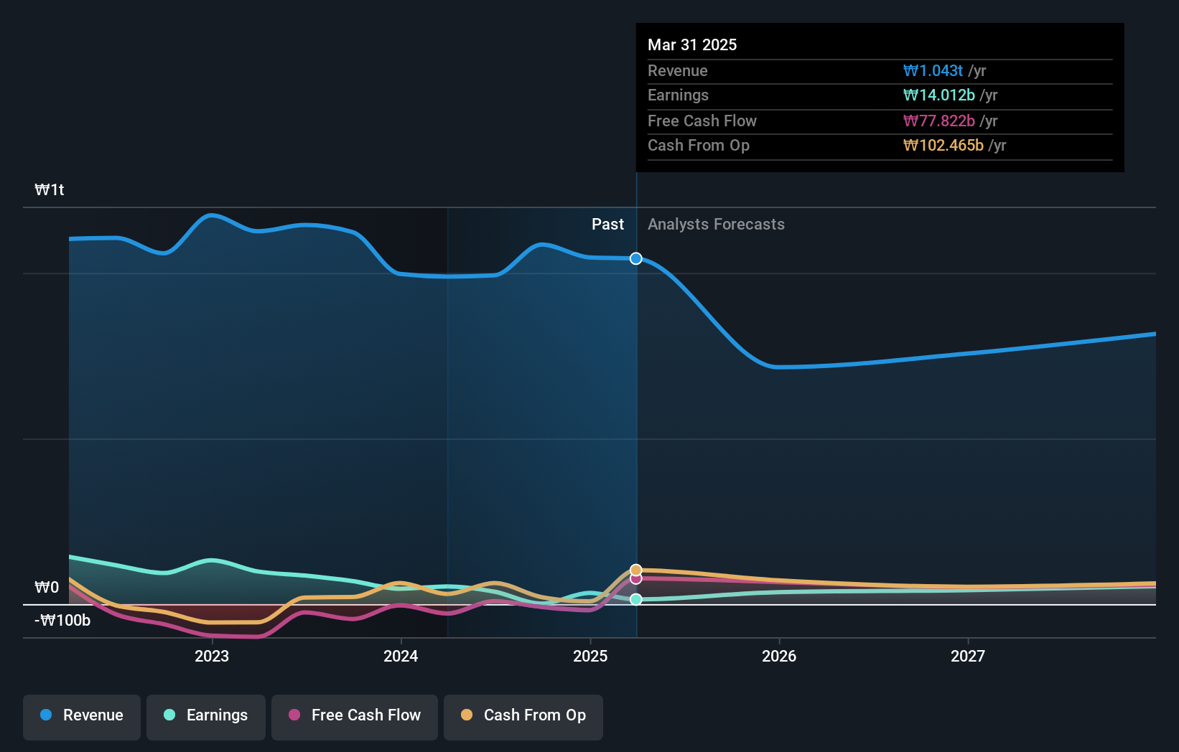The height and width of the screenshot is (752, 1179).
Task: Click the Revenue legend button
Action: (x=82, y=715)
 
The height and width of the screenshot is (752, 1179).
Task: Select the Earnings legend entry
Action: (x=206, y=715)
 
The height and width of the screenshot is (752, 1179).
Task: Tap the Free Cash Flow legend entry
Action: (x=355, y=715)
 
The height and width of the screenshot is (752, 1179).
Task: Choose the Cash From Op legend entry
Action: (x=523, y=715)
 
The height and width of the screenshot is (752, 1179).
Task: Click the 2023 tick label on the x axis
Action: (x=212, y=656)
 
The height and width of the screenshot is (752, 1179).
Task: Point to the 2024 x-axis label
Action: (x=401, y=656)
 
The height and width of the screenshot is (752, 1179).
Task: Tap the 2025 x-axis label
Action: (x=590, y=656)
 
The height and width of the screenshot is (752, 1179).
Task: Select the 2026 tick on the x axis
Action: (x=779, y=656)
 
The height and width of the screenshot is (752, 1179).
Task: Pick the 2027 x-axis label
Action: (x=968, y=656)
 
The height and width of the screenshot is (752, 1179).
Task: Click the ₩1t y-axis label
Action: (x=50, y=190)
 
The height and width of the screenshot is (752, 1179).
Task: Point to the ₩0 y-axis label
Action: (x=47, y=588)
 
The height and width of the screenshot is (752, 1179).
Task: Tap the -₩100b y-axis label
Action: (x=62, y=621)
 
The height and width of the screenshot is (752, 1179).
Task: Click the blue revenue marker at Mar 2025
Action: (x=636, y=258)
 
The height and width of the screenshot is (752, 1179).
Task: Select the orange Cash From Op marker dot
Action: (x=636, y=570)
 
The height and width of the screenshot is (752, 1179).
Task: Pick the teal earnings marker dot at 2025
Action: (x=636, y=599)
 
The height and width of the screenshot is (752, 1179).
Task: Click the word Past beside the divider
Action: (x=607, y=225)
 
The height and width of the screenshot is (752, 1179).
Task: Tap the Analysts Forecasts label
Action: (x=716, y=225)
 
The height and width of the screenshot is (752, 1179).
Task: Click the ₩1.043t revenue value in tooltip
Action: (x=933, y=71)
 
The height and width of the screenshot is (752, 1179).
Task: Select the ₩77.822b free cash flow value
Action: (x=938, y=121)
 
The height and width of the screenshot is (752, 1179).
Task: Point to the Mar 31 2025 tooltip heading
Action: (x=692, y=44)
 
